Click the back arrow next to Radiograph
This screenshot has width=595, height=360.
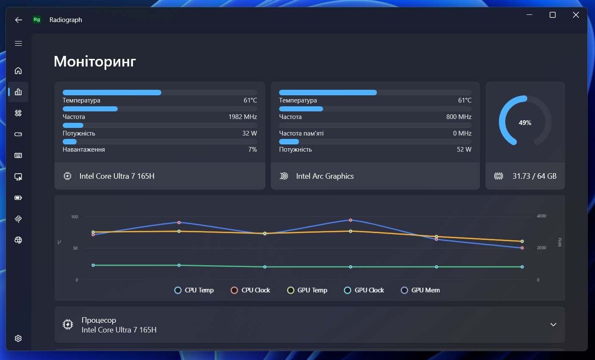[x=18, y=20]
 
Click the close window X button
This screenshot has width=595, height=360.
[x=576, y=15]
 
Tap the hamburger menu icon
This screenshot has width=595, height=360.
[x=18, y=43]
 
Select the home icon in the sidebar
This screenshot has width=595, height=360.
[x=18, y=71]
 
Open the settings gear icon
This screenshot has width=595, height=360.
[x=18, y=338]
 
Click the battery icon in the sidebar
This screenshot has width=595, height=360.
[x=18, y=198]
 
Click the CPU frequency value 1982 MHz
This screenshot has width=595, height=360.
[x=243, y=116]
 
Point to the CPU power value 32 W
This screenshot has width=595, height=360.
[x=249, y=133]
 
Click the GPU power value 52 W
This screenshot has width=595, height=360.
[x=464, y=150]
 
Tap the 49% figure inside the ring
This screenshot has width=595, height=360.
[x=525, y=123]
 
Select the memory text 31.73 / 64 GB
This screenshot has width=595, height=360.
[x=534, y=176]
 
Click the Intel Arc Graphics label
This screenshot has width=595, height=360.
[x=325, y=176]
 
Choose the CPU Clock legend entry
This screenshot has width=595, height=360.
[x=250, y=290]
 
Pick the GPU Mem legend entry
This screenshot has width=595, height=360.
[x=420, y=290]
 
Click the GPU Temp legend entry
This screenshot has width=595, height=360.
[x=307, y=290]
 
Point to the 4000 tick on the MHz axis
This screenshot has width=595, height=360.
[x=541, y=216]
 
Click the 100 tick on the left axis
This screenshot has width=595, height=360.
[x=75, y=217]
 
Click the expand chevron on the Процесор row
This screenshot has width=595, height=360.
[x=553, y=325]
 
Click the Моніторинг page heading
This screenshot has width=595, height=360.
[x=95, y=61]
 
